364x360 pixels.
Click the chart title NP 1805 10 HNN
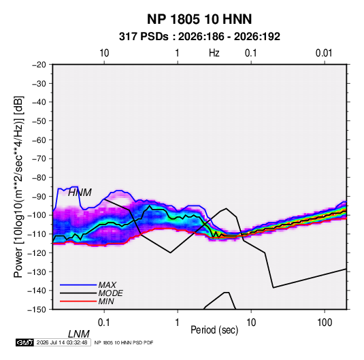coord(199,19)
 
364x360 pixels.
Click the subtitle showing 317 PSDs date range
coord(199,37)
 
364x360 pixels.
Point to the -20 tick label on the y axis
coord(39,65)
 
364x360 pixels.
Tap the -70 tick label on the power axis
coord(39,159)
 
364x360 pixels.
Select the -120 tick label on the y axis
coord(37,253)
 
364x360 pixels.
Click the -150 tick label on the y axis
coord(37,310)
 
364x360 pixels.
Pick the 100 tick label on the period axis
coord(325,323)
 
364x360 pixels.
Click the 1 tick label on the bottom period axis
coord(178,323)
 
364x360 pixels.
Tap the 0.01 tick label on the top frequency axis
coord(324,53)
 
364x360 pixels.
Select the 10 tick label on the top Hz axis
coord(104,53)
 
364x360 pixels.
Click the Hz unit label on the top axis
coord(214,53)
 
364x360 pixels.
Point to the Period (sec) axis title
coord(214,330)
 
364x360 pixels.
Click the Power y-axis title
coord(18,187)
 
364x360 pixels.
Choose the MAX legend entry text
coord(107,285)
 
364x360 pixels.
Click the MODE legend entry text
coord(110,293)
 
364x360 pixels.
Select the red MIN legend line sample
coord(78,301)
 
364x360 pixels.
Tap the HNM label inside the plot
coord(80,193)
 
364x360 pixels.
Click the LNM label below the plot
coord(79,334)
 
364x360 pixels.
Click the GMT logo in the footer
coord(25,342)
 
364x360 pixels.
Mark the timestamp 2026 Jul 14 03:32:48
coord(62,342)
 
